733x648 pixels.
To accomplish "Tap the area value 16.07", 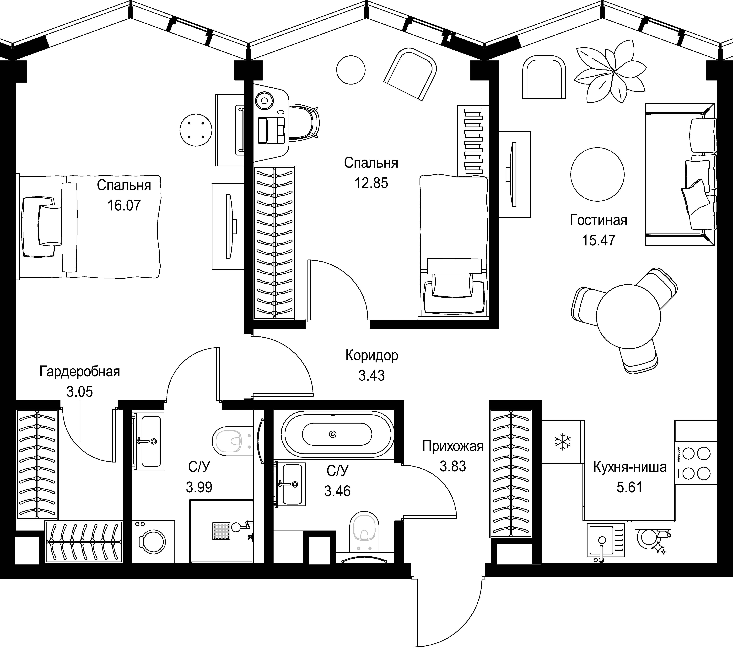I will tap(124, 206).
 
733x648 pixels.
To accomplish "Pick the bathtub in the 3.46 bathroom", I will tap(337, 434).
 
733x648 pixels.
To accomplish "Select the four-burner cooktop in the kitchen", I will tap(696, 463).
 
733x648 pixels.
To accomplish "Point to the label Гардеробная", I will tap(80, 372).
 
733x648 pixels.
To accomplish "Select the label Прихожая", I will tap(453, 446).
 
